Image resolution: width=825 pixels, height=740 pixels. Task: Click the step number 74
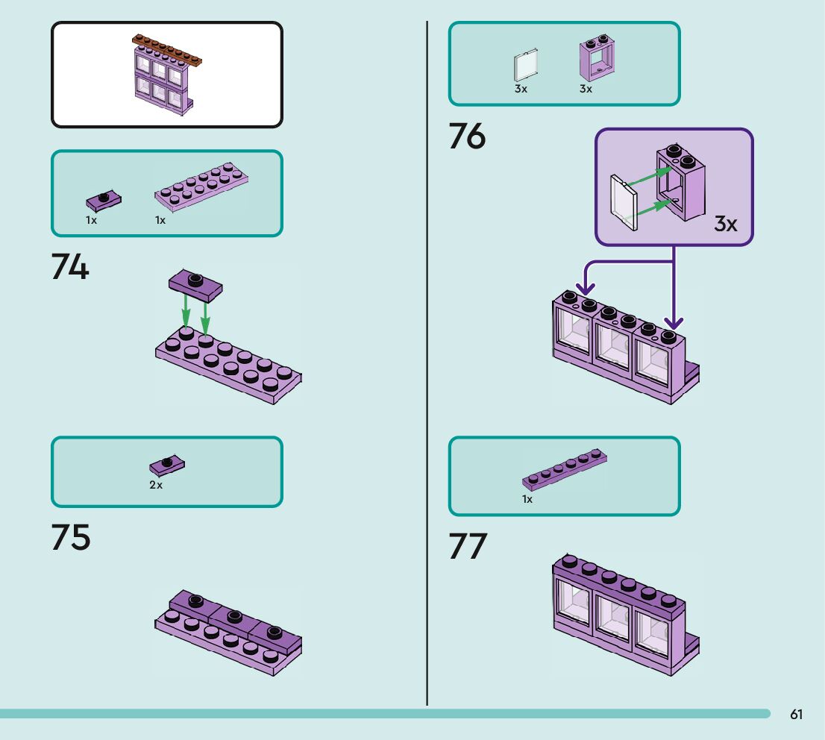[x=70, y=267]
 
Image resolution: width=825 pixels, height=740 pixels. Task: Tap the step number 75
[x=71, y=538]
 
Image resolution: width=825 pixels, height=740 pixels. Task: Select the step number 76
[x=467, y=137]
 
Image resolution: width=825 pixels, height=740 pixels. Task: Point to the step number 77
[x=468, y=546]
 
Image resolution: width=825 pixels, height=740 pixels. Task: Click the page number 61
[x=796, y=715]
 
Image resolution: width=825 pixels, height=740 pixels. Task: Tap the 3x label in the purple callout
[x=725, y=223]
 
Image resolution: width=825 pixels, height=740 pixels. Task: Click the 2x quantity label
[x=156, y=485]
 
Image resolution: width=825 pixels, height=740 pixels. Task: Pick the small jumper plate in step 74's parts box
[x=104, y=200]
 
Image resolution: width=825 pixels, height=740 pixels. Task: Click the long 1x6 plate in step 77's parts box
[x=565, y=469]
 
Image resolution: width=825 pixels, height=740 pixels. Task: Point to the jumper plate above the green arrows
[x=195, y=283]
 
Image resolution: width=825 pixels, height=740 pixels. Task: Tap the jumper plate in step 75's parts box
[x=168, y=465]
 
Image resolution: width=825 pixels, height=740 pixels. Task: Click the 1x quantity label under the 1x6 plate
[x=527, y=499]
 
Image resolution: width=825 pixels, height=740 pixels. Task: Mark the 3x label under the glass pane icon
[x=521, y=89]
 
